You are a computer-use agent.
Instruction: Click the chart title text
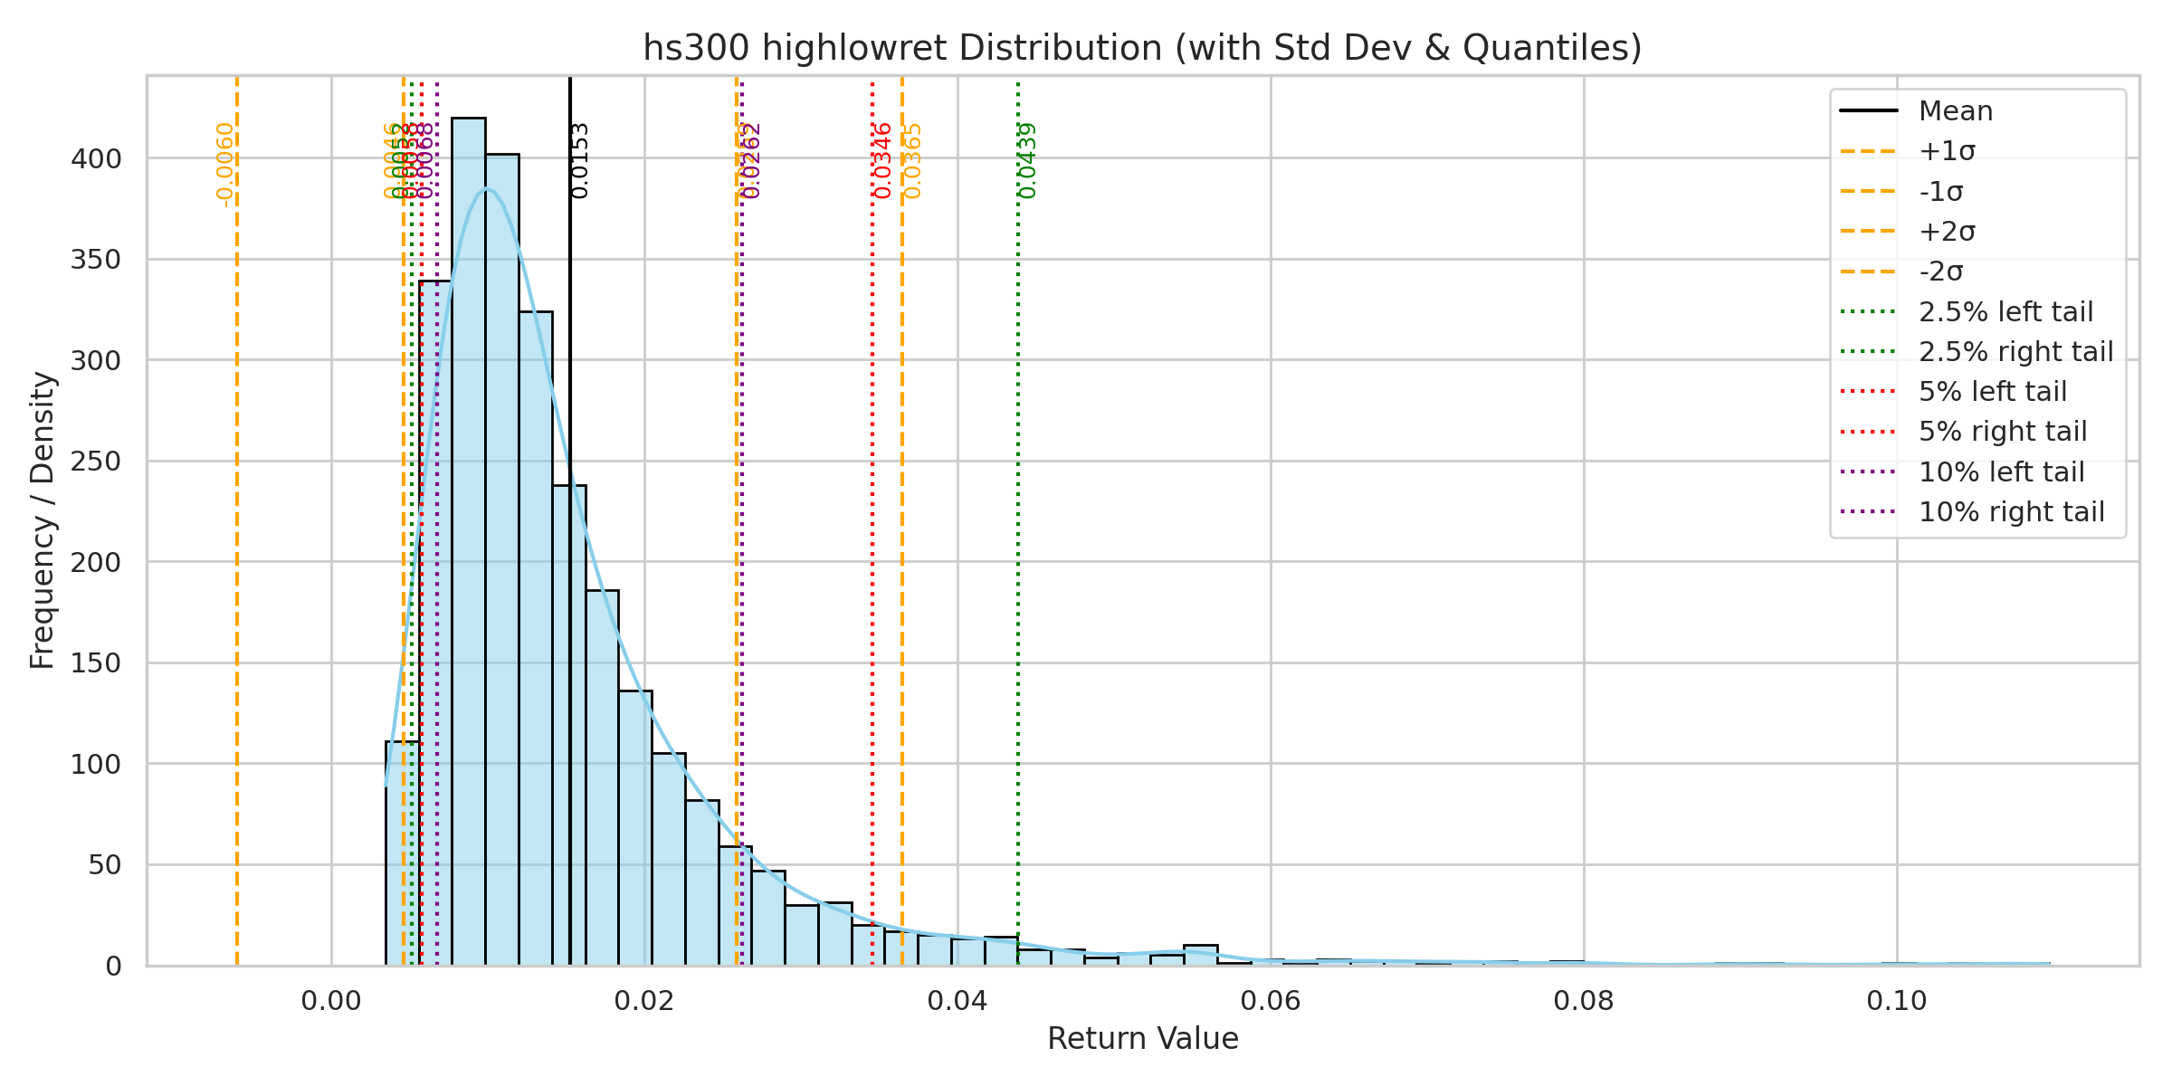[x=1142, y=48]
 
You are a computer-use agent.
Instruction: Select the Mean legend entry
[x=1956, y=111]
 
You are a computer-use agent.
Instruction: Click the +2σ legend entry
[x=1947, y=232]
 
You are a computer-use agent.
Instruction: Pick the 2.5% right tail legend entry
[x=2015, y=351]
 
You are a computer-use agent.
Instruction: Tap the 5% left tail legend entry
[x=1993, y=392]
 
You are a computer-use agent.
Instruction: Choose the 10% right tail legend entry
[x=2011, y=512]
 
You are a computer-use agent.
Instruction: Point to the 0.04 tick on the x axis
[x=957, y=1001]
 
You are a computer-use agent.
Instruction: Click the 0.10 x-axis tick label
[x=1897, y=1001]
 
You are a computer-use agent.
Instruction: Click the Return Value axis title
[x=1142, y=1039]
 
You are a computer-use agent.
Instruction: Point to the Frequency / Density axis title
[x=43, y=520]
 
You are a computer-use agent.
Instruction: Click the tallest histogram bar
[x=468, y=543]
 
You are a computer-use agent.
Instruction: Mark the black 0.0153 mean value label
[x=580, y=161]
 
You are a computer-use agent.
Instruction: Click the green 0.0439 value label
[x=1027, y=161]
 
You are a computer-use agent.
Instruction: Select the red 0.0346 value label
[x=882, y=161]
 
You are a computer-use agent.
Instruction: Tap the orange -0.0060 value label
[x=225, y=165]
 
